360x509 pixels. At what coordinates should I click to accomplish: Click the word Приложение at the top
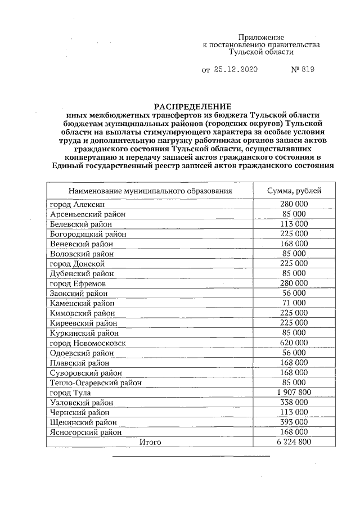coord(261,36)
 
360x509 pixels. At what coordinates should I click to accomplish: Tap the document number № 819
coord(302,70)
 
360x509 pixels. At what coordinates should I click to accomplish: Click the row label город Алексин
coord(77,205)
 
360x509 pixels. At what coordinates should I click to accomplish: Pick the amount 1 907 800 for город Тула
coord(294,392)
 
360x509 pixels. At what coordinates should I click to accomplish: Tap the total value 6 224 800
coord(294,442)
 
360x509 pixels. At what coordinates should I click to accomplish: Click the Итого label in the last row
coord(150,442)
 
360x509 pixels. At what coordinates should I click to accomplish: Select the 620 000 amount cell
coord(294,343)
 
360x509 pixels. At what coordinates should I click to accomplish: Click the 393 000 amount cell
coord(294,422)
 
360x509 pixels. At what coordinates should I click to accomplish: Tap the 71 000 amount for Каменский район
coord(294,303)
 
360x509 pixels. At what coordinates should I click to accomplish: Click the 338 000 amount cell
coord(294,402)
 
